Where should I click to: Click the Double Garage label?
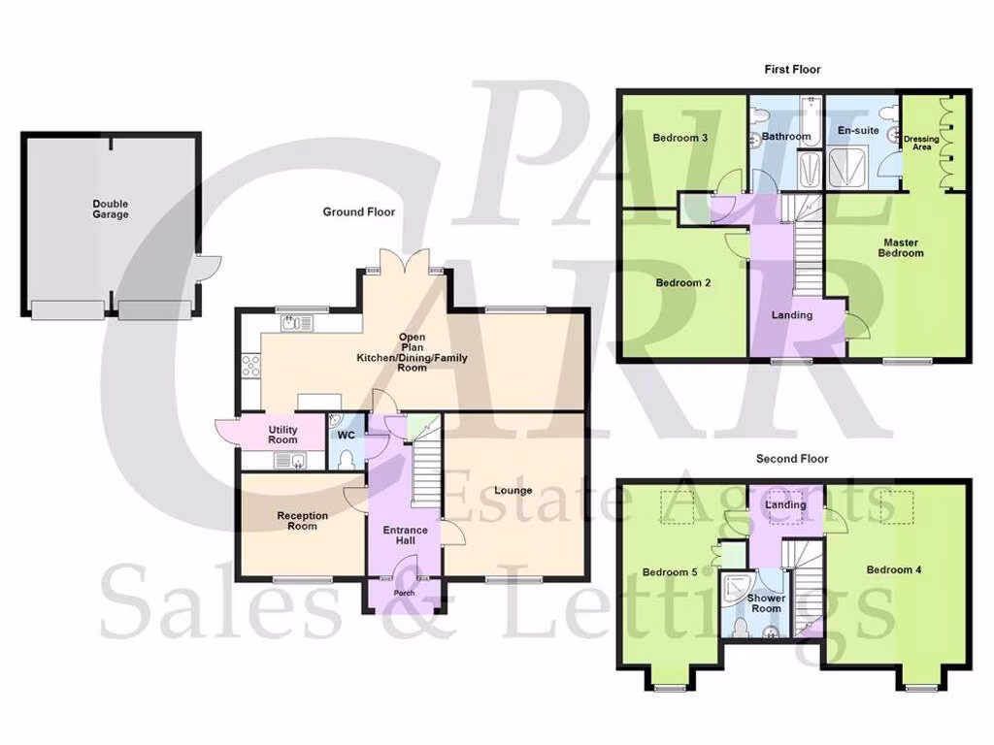111,209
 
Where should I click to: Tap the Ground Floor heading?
359,211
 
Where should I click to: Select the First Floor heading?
793,70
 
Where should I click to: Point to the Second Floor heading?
792,459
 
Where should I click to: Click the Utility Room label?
283,435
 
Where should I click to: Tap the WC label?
345,435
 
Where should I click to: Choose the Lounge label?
513,490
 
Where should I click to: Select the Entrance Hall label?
405,536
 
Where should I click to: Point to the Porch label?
404,593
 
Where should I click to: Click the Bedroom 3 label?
679,138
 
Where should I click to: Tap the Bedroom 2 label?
683,283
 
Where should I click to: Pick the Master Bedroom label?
902,247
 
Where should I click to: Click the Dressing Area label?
921,144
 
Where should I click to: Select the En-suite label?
858,129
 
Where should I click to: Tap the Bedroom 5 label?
670,572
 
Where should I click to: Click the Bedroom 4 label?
895,569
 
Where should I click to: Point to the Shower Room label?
765,602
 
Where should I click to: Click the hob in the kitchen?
249,366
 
